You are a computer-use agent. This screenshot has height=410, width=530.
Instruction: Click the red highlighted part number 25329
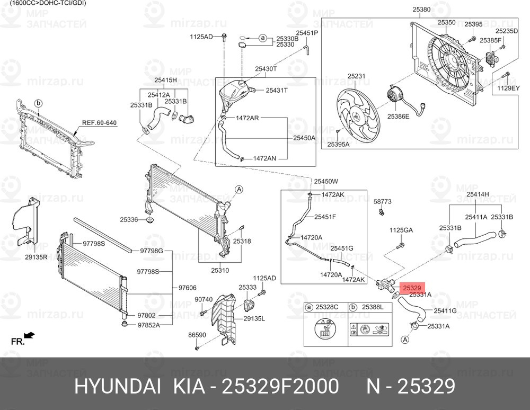(x=411, y=288)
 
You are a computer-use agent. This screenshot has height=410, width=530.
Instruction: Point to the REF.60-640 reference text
(x=99, y=123)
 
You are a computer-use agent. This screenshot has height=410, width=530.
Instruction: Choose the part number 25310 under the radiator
(x=219, y=270)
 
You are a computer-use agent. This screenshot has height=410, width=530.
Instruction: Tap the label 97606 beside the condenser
(x=187, y=288)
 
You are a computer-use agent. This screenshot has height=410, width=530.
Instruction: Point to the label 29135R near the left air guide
(x=36, y=257)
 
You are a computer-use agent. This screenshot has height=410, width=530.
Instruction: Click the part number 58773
(x=382, y=202)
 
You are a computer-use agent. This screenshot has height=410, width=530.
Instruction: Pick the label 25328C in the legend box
(x=328, y=307)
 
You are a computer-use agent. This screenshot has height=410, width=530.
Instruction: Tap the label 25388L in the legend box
(x=373, y=307)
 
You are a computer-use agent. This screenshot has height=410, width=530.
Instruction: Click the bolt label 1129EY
(x=508, y=89)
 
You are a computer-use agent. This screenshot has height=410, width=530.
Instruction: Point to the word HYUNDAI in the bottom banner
(x=118, y=387)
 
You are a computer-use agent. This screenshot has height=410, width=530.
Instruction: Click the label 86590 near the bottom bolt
(x=197, y=335)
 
